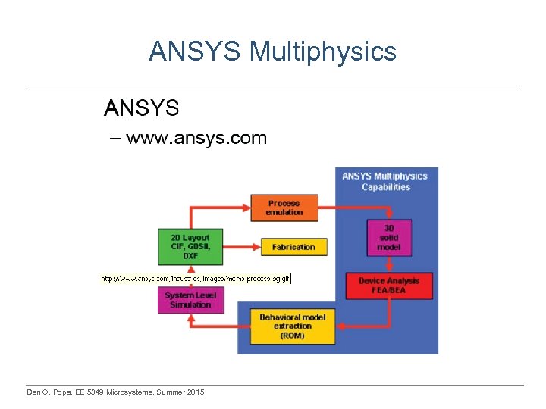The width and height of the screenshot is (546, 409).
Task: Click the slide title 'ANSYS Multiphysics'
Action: (272, 52)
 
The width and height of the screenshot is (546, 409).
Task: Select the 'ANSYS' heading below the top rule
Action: (141, 108)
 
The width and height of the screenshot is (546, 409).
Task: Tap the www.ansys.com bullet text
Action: (196, 138)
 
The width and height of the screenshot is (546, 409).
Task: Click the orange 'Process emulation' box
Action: (284, 208)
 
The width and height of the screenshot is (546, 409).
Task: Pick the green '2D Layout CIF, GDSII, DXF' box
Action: (190, 246)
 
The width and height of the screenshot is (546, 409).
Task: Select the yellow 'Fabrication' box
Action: (293, 247)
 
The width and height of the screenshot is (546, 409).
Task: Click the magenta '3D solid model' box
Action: (389, 237)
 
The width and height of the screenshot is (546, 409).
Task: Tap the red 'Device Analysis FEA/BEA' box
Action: (389, 286)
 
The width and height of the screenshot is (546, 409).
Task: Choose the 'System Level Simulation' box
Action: (190, 300)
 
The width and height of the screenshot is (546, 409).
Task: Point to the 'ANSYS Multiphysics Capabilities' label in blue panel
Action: (385, 182)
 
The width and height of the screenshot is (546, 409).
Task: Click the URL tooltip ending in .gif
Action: (196, 278)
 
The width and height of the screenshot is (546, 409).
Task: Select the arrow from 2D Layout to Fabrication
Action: (242, 247)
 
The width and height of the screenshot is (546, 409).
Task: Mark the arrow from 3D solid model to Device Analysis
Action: (389, 264)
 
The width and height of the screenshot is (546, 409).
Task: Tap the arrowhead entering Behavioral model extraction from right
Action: (340, 326)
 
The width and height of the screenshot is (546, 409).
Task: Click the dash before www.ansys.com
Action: (115, 138)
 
